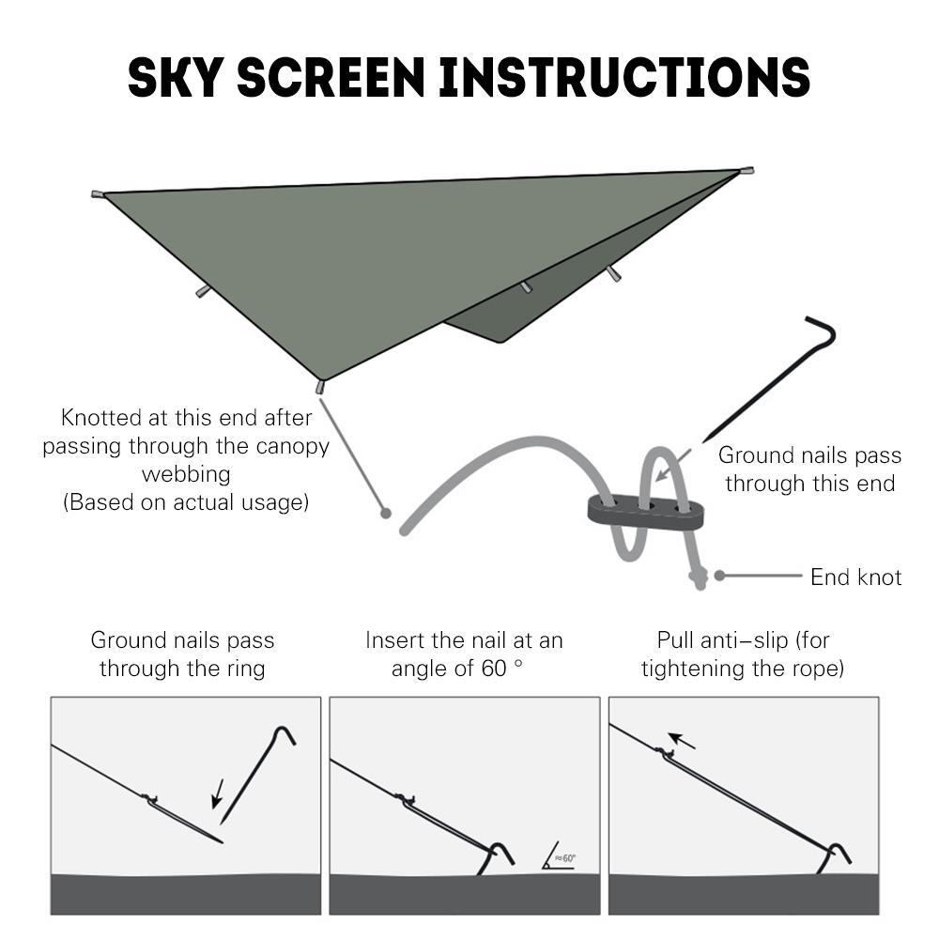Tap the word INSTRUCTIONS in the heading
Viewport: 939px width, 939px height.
click(x=624, y=77)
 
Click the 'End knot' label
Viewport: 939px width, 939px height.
click(x=855, y=577)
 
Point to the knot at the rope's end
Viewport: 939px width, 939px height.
click(x=699, y=577)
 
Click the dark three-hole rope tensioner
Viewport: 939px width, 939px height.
click(x=646, y=511)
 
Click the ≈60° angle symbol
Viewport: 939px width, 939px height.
click(x=559, y=855)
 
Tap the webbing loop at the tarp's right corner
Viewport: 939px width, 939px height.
click(x=747, y=171)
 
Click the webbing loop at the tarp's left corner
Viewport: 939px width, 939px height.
click(x=98, y=194)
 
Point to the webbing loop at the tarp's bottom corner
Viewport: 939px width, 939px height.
click(x=320, y=386)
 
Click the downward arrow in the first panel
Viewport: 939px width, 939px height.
click(x=218, y=793)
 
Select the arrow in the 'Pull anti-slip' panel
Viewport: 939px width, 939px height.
click(x=682, y=741)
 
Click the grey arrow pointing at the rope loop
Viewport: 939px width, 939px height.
click(x=673, y=466)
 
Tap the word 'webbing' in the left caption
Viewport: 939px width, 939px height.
click(x=186, y=474)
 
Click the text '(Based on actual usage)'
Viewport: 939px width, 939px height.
click(x=186, y=502)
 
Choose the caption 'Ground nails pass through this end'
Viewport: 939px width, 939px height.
click(x=809, y=469)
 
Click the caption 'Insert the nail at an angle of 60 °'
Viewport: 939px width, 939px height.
click(x=464, y=654)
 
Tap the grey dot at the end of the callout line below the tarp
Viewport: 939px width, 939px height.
click(x=386, y=514)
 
